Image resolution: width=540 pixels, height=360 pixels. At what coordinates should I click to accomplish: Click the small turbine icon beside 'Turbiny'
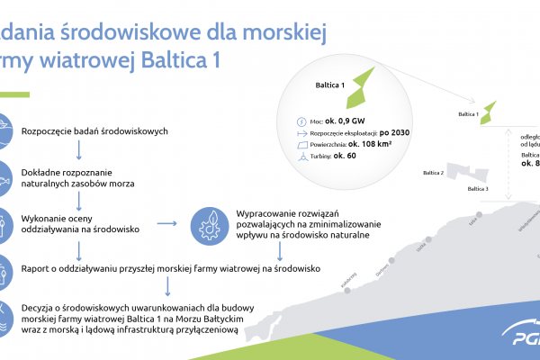(301, 156)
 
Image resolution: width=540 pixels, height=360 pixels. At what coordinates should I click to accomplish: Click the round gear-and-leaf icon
(211, 222)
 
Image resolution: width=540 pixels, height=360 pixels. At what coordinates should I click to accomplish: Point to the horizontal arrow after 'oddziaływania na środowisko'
(167, 223)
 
